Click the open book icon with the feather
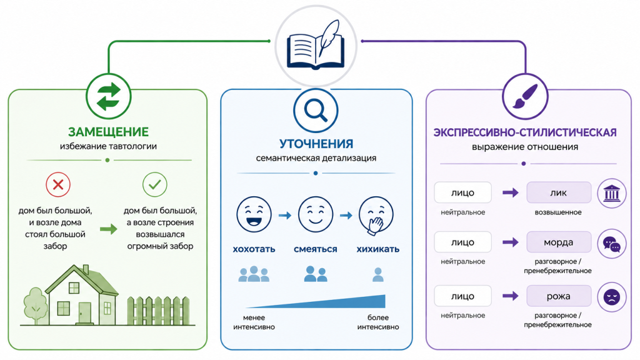(316, 45)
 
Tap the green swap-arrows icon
(109, 97)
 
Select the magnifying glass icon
(316, 111)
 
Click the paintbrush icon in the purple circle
(525, 97)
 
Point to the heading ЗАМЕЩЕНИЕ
(108, 132)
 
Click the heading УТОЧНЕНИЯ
(316, 144)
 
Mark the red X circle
(58, 184)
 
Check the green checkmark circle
(155, 184)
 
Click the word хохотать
(254, 249)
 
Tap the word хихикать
(378, 249)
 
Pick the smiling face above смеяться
(316, 215)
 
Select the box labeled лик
(559, 192)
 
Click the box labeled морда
(559, 242)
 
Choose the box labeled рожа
(559, 296)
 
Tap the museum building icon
(611, 193)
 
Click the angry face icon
(611, 297)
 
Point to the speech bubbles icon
(611, 244)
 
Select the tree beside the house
(36, 305)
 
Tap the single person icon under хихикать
(378, 275)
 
